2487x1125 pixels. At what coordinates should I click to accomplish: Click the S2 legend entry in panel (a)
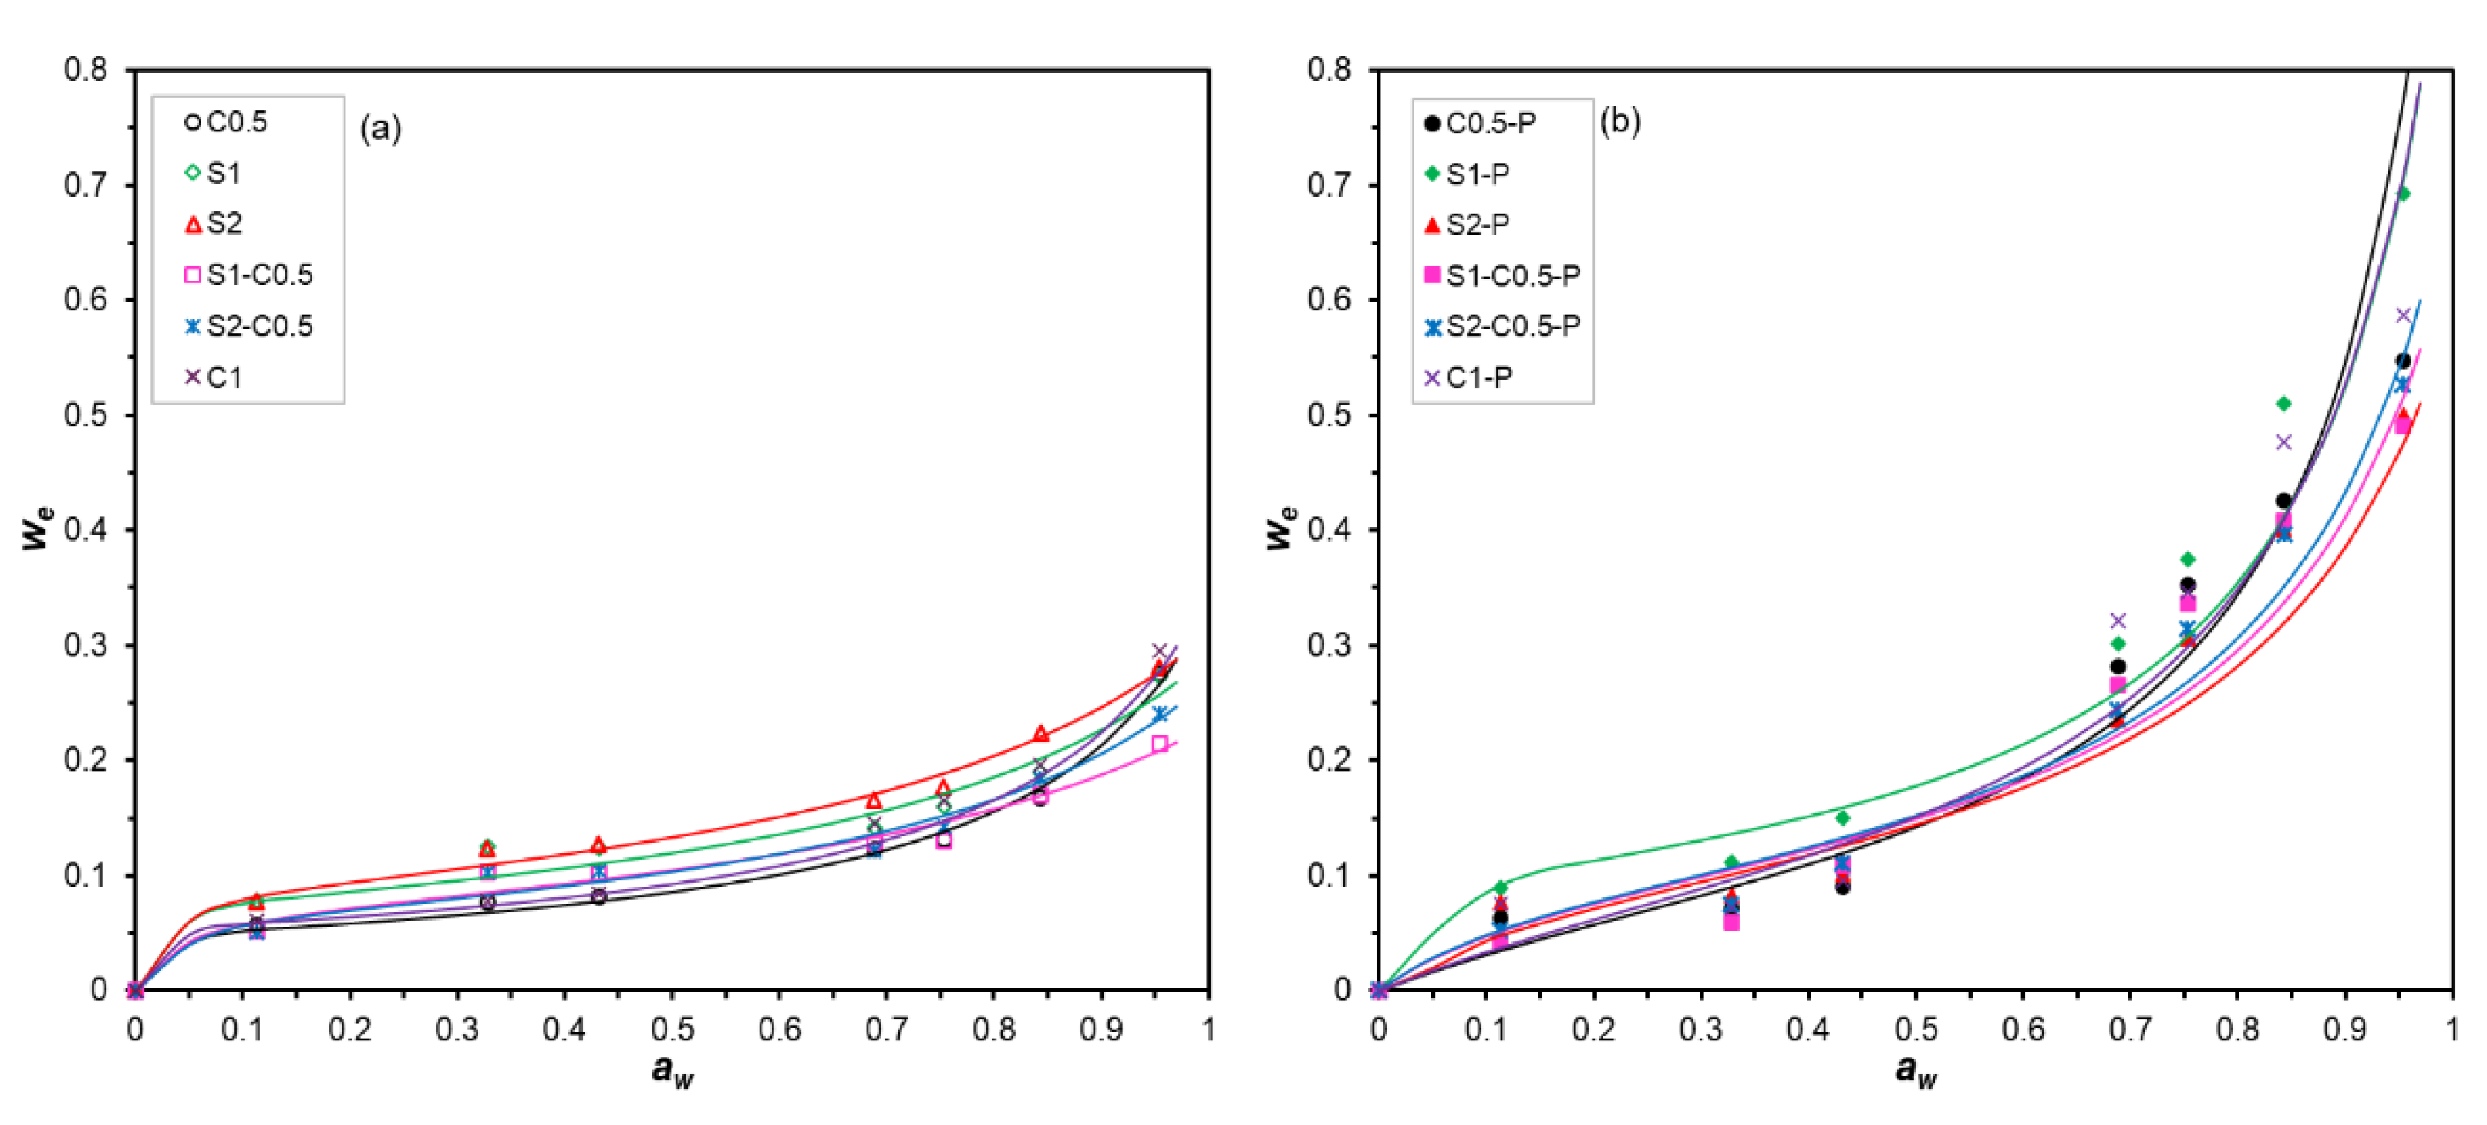click(223, 224)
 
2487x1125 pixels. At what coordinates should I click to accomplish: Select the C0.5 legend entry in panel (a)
click(235, 123)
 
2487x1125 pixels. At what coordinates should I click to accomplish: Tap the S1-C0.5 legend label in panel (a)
click(259, 275)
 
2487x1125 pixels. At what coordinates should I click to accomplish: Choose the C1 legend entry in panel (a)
click(223, 377)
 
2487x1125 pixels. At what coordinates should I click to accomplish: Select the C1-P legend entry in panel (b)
click(1477, 377)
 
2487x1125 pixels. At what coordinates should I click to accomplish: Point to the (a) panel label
click(380, 127)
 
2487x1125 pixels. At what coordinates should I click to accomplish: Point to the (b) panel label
click(1620, 122)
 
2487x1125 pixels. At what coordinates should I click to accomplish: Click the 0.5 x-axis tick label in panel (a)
click(671, 1030)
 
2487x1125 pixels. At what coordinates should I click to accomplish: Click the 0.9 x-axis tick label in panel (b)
click(2344, 1030)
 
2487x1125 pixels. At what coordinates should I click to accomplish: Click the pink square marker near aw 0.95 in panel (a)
click(1160, 744)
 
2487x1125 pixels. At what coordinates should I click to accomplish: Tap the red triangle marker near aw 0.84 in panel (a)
click(1040, 734)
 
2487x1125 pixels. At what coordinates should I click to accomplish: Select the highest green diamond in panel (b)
click(2404, 194)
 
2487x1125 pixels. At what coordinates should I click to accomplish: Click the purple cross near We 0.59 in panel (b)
click(2403, 316)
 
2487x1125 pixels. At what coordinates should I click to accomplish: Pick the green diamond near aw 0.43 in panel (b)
click(1842, 818)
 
